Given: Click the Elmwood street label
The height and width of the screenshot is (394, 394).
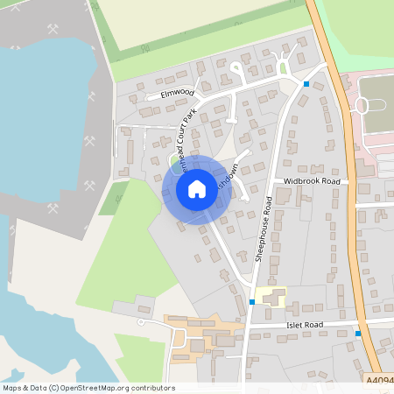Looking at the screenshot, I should point(177,92).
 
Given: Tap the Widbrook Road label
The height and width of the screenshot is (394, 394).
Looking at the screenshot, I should point(312,181).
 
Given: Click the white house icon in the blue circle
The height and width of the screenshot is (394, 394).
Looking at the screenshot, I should point(197,188).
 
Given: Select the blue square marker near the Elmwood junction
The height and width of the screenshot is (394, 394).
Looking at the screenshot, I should point(306,84).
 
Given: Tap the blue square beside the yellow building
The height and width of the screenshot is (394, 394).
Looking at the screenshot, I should point(251,302).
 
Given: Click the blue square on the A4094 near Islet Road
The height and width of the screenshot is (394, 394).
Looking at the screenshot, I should point(357,334).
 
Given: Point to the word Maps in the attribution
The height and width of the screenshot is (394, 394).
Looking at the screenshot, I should point(13,388).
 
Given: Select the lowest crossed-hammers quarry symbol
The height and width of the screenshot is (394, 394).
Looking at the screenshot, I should point(53,209).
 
